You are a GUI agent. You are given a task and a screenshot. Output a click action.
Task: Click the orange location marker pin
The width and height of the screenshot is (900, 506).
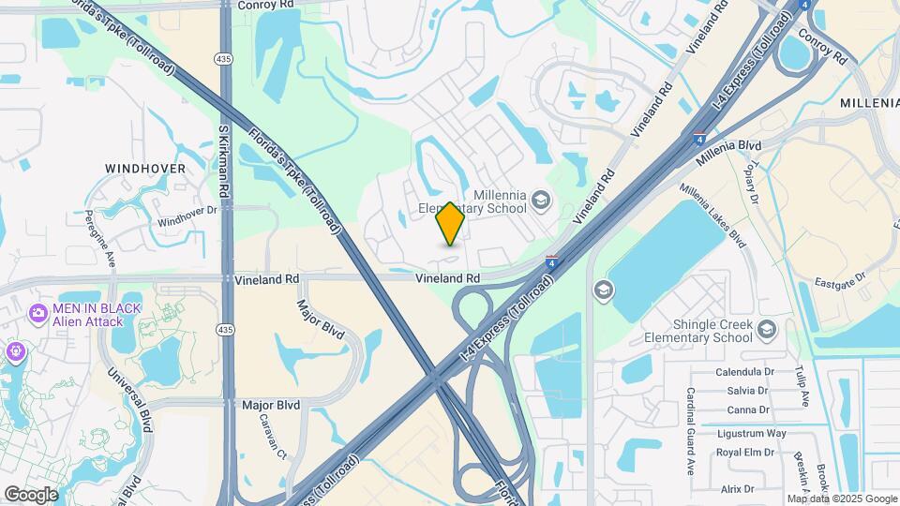[x=451, y=223]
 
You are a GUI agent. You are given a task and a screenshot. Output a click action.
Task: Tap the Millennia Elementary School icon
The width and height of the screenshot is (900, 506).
[x=540, y=199]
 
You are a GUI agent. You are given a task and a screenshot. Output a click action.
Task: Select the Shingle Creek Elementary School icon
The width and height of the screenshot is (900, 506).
[x=768, y=329]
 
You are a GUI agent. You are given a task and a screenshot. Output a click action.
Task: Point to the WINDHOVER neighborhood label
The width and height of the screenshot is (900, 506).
[x=145, y=169]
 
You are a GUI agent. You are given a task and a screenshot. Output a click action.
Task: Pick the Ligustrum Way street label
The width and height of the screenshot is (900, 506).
[x=751, y=433]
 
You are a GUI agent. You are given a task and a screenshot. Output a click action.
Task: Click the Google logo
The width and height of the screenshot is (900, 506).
[x=31, y=494]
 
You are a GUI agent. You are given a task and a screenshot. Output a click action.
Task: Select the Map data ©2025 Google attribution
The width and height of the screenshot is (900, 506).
[x=841, y=499]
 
